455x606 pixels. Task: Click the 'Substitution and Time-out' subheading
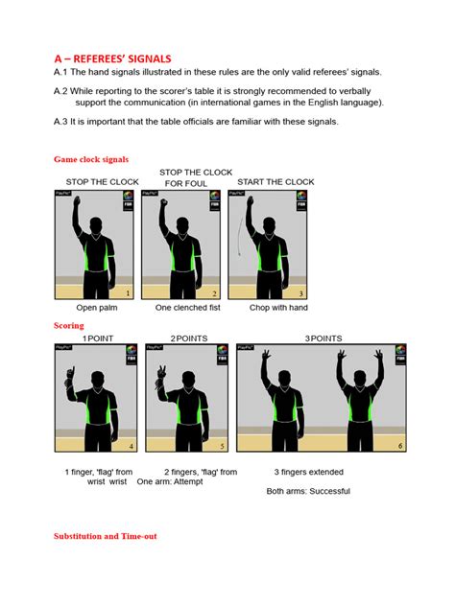(x=105, y=536)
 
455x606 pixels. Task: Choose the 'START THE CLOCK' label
(x=275, y=182)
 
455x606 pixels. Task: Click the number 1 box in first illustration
(x=128, y=293)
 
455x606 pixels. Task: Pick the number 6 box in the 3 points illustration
(x=399, y=446)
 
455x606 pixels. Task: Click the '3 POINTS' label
(x=324, y=338)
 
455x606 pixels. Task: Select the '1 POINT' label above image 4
(x=98, y=338)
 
